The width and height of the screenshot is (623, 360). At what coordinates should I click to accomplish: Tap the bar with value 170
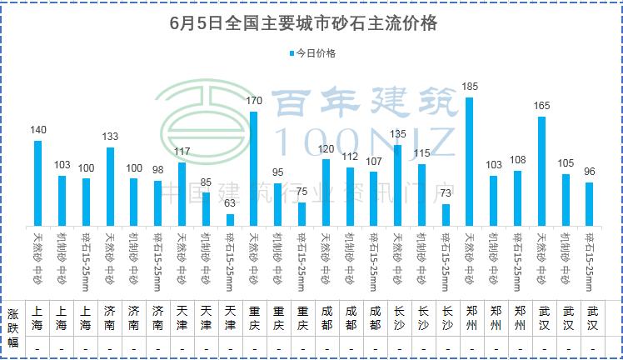click(x=253, y=167)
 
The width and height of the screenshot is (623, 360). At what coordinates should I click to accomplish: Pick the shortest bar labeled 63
click(x=230, y=219)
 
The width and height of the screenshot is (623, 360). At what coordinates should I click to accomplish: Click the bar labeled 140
click(x=37, y=182)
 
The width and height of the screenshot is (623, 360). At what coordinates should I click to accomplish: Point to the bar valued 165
click(x=541, y=171)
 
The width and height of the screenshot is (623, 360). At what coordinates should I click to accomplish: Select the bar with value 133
click(x=110, y=186)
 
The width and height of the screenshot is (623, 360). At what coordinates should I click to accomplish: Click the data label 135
click(x=398, y=133)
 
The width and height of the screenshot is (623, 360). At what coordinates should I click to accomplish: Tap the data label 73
click(x=446, y=192)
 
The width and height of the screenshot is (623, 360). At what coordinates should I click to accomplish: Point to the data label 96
click(x=590, y=172)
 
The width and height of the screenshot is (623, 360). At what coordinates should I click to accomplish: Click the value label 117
click(x=182, y=151)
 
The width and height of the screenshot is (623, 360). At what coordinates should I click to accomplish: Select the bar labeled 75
click(x=302, y=213)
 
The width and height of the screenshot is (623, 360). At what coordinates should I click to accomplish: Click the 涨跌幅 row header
click(x=12, y=327)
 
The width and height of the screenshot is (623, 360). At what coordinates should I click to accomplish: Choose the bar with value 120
click(x=326, y=192)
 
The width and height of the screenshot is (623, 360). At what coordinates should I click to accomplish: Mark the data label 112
click(x=350, y=156)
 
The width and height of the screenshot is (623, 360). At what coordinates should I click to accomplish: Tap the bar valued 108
click(x=518, y=197)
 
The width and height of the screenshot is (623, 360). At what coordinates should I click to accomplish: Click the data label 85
click(x=206, y=181)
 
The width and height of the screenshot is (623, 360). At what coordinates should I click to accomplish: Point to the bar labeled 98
click(x=157, y=202)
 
